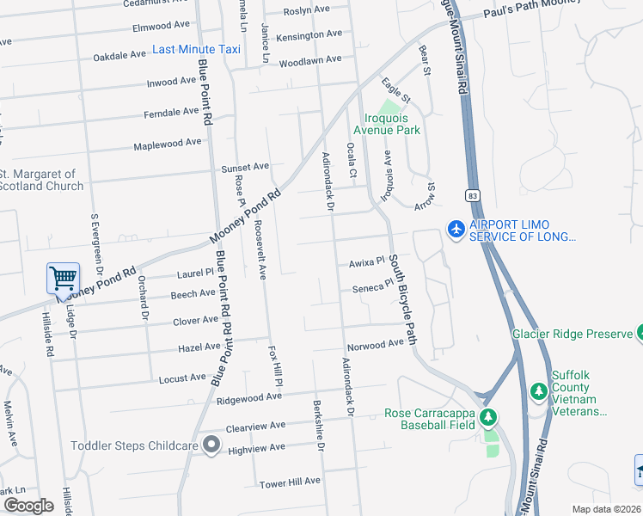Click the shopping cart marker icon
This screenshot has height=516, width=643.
[x=64, y=279]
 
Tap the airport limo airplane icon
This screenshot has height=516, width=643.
[x=456, y=229]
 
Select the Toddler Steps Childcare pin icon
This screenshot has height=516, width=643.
[x=211, y=445]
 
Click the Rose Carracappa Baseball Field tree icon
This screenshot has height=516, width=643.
[x=488, y=418]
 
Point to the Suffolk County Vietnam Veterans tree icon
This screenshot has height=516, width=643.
[x=539, y=392]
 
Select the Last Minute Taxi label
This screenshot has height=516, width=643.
[x=196, y=49]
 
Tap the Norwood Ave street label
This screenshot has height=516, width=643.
[x=375, y=343]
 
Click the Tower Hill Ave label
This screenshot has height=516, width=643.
[x=290, y=482]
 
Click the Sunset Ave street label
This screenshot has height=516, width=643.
[x=246, y=167]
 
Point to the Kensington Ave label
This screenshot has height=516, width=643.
[x=310, y=34]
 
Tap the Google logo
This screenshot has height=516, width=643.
[x=28, y=505]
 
